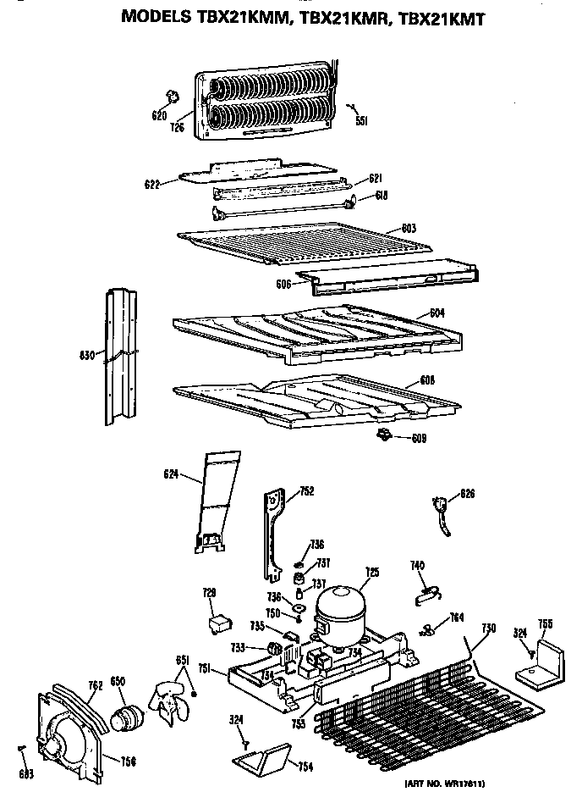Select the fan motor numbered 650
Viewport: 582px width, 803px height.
tap(129, 704)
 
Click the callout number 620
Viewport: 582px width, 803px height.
tap(159, 116)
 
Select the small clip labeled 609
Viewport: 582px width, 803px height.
tap(383, 435)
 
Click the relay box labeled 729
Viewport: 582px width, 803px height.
tap(218, 624)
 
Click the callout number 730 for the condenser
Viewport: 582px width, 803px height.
tap(488, 628)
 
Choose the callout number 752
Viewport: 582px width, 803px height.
tap(306, 490)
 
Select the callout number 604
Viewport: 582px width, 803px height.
tap(436, 313)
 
